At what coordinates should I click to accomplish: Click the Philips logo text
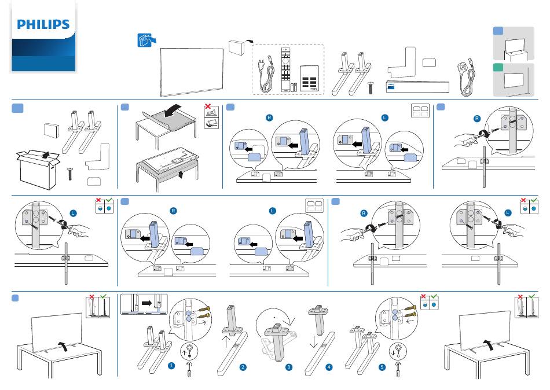[x=43, y=25]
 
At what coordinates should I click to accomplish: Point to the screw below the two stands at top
[x=370, y=88]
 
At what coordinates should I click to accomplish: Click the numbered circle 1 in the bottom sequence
[x=171, y=366]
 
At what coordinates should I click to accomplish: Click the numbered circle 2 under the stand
[x=243, y=367]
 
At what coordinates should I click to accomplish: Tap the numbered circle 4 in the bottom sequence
[x=329, y=367]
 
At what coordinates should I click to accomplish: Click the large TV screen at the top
[x=192, y=71]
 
